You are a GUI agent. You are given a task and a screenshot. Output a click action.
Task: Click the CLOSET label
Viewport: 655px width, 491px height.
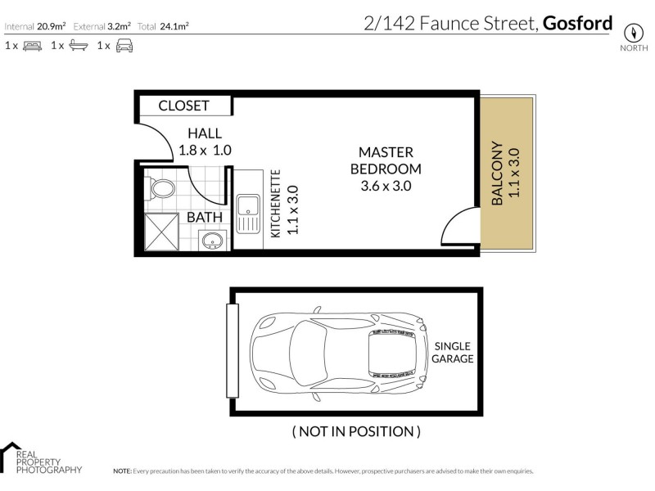tap(183, 106)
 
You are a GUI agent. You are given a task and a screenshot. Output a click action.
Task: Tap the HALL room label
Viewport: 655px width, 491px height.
tap(205, 133)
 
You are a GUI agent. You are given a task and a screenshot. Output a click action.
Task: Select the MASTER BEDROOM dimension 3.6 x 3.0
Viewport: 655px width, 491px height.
tap(385, 186)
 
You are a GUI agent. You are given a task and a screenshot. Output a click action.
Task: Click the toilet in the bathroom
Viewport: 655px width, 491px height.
tap(161, 189)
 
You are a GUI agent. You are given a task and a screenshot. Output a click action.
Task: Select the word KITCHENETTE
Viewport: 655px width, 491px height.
tap(276, 204)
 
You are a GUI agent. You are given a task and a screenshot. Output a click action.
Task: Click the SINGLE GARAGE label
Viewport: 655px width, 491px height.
tap(453, 352)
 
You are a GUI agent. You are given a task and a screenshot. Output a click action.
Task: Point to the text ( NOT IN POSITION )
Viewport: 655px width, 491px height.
tap(356, 431)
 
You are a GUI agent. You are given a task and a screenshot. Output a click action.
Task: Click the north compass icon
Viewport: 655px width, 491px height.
tap(631, 33)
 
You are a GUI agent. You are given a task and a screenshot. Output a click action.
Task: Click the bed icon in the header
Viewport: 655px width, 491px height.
tap(32, 47)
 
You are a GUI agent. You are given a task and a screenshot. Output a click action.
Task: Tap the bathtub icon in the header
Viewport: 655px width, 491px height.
tap(78, 47)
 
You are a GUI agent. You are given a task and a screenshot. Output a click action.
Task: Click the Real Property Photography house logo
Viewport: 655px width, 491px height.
tap(11, 457)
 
